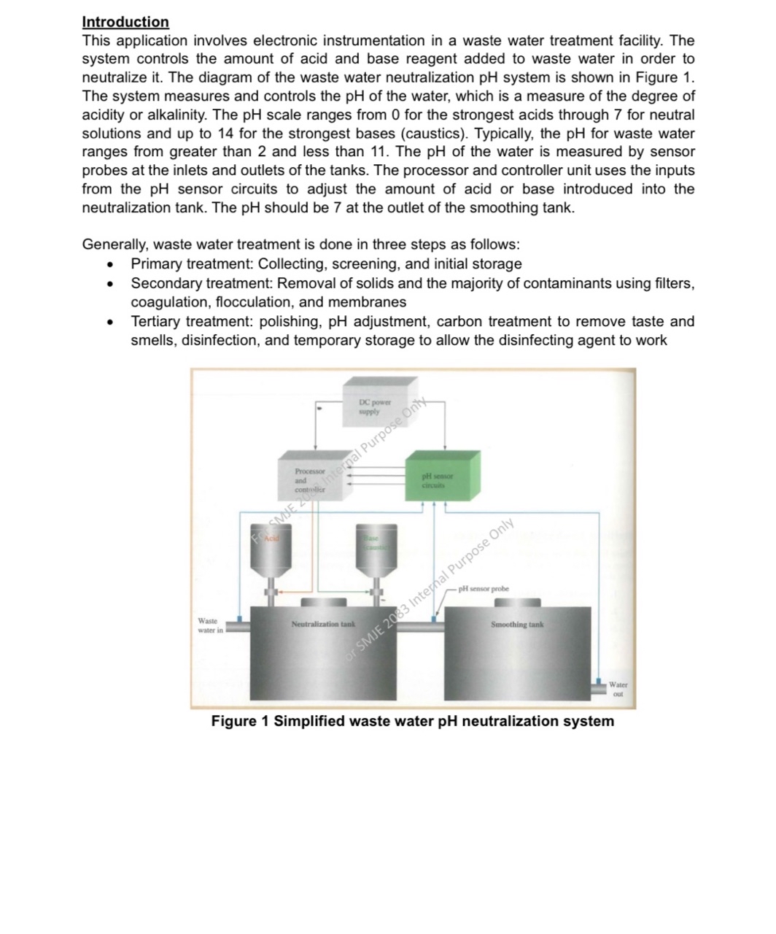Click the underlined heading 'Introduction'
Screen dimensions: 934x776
click(125, 22)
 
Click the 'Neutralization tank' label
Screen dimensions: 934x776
click(322, 625)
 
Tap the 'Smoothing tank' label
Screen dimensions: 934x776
click(516, 625)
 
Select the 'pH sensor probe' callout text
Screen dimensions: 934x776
click(484, 588)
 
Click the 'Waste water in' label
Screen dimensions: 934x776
click(210, 625)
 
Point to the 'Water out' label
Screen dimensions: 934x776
click(618, 690)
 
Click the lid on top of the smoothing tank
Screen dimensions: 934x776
click(517, 603)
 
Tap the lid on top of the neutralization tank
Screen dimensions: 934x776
click(323, 602)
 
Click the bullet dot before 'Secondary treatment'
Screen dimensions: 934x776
click(109, 283)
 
